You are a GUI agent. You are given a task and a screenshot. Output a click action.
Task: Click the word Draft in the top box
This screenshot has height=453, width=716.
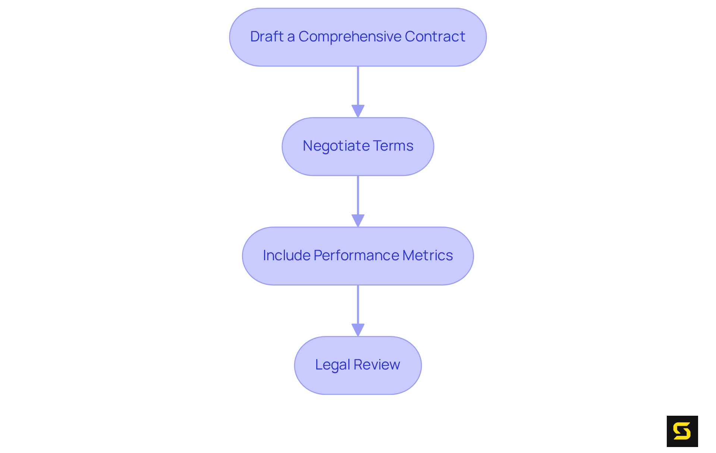coord(267,37)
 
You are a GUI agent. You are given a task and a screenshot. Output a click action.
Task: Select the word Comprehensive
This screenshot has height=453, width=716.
coord(350,37)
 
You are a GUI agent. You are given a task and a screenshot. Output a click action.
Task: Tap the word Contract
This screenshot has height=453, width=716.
coord(435,37)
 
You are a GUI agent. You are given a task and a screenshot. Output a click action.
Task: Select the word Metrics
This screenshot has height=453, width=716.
coord(428,255)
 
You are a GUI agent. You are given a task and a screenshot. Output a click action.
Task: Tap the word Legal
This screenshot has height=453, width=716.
coord(332,365)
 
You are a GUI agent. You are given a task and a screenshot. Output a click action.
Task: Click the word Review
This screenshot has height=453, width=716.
coord(377,365)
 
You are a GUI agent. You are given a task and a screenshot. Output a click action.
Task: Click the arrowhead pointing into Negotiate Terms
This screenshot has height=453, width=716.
coord(358,111)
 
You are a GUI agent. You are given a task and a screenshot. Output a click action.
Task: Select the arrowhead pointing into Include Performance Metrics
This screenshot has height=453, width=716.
coord(358,220)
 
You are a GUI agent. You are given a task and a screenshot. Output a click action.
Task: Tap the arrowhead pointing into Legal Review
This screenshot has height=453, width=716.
coord(358,330)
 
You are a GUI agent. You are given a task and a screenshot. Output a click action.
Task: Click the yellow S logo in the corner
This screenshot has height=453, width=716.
coord(682,431)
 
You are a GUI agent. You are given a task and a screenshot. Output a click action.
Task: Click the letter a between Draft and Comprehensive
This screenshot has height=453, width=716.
coord(291,37)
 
